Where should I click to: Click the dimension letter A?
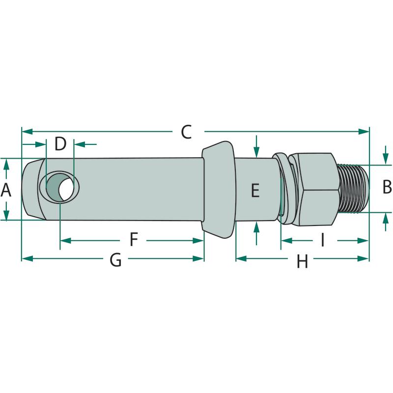point(6,189)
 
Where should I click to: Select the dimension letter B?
point(387,187)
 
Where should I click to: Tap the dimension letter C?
point(186,132)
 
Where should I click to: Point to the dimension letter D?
point(60,144)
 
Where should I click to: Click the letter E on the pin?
point(255,190)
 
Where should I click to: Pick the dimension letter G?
point(115,260)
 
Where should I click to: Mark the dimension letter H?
point(302,261)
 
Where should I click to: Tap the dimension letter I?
point(323,240)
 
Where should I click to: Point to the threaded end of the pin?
point(353,188)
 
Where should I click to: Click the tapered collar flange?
point(219,189)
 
